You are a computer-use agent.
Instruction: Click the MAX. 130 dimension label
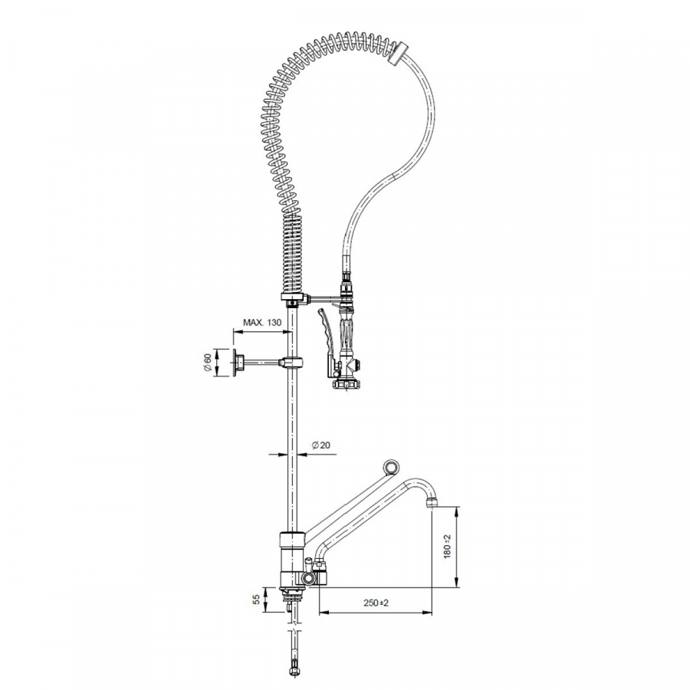pyautogui.click(x=262, y=323)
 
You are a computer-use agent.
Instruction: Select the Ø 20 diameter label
pyautogui.click(x=320, y=445)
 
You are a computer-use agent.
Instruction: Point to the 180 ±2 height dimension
pyautogui.click(x=448, y=547)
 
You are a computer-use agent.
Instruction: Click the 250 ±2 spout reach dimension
pyautogui.click(x=376, y=603)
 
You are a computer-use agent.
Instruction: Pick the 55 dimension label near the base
pyautogui.click(x=255, y=599)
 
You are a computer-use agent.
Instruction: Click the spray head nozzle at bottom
pyautogui.click(x=347, y=384)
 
